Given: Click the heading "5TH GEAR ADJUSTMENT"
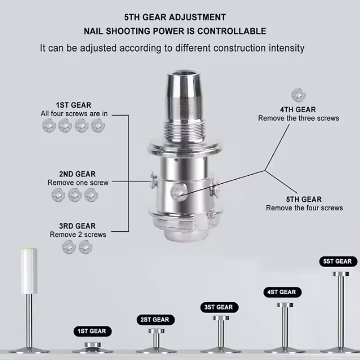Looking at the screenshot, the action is click(x=175, y=18).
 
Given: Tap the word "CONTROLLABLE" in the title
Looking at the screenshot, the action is click(x=232, y=31).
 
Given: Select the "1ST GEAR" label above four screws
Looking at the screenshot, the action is click(x=74, y=105).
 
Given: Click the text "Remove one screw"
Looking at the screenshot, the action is click(x=78, y=183).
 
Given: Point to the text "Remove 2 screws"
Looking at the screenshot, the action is click(x=78, y=235).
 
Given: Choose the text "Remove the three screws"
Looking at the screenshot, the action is click(x=298, y=118).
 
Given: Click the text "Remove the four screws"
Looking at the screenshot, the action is click(x=304, y=208).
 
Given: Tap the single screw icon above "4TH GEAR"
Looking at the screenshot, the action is click(x=298, y=95).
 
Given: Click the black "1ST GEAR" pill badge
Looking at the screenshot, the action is click(x=92, y=331).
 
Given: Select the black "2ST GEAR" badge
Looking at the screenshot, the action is click(x=155, y=320).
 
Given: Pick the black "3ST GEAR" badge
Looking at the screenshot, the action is click(x=219, y=307).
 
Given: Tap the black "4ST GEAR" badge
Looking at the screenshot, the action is click(x=282, y=292).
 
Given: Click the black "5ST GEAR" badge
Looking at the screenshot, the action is click(x=338, y=261).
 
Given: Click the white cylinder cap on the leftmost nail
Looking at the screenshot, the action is click(x=29, y=271).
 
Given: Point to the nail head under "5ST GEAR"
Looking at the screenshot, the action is click(x=341, y=274).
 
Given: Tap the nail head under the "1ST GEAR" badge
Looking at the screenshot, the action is click(x=92, y=345).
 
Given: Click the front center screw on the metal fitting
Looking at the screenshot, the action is click(x=179, y=192).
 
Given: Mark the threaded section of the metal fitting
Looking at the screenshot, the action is click(x=185, y=132).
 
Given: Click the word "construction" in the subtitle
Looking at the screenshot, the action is click(x=239, y=48).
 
